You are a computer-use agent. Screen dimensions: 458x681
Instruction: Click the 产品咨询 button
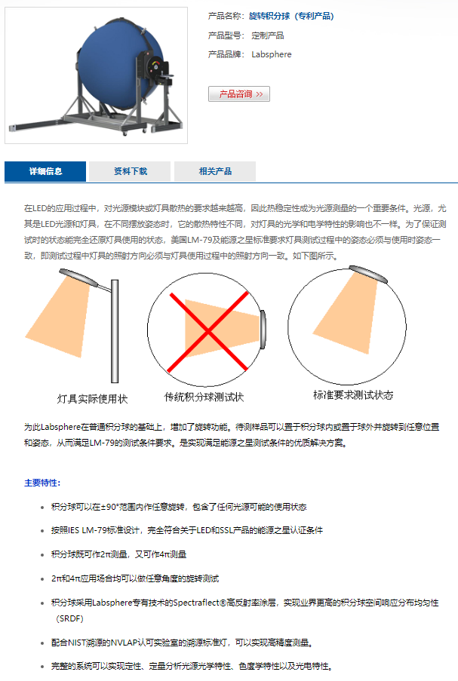pos(239,94)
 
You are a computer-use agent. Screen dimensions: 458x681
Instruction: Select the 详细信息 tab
pos(45,171)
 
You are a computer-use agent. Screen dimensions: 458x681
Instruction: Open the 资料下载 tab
pos(130,171)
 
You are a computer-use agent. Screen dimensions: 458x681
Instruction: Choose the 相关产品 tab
pos(215,171)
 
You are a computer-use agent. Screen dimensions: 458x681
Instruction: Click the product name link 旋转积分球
pos(269,16)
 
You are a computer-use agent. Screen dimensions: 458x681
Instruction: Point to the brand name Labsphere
pos(272,54)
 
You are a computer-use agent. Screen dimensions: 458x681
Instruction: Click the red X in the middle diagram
pos(208,332)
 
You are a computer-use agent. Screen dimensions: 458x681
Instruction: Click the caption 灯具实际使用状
pos(92,399)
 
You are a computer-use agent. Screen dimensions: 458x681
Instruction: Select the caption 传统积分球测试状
pos(204,397)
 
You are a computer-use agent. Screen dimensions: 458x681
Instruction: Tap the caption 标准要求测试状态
pos(353,394)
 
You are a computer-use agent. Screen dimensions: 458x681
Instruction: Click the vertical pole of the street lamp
pos(115,331)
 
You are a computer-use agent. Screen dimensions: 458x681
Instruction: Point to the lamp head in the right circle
pos(368,274)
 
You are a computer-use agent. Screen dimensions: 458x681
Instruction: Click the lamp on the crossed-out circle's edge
pos(263,330)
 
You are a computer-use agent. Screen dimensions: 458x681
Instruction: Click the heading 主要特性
pos(42,483)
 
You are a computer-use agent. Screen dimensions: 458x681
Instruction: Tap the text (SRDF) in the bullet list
pos(69,618)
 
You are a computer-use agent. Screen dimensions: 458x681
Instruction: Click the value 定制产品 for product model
pos(268,35)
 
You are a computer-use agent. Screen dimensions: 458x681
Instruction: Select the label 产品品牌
pos(226,54)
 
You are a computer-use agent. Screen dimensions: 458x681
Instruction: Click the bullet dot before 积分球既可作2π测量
pos(42,554)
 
